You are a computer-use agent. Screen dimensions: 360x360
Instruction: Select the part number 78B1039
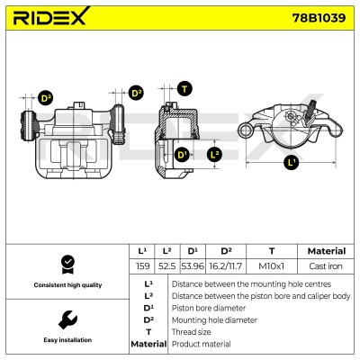point(319,18)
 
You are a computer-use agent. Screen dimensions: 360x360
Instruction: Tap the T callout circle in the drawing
point(184,89)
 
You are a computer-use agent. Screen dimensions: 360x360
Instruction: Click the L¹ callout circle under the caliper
point(292,163)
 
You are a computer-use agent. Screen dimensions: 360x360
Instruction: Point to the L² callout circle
point(215,155)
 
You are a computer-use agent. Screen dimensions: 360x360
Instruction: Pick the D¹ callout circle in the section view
point(182,155)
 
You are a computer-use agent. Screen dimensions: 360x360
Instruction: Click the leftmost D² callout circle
point(46,98)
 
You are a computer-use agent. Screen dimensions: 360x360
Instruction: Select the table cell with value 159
point(142,266)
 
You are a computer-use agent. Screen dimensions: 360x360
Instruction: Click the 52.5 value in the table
point(167,266)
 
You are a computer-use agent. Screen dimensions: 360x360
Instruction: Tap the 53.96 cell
point(193,266)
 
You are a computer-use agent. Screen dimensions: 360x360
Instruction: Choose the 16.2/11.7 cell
point(226,266)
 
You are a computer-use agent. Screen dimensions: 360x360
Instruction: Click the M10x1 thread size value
point(272,266)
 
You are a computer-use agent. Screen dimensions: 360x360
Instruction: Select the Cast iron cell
point(326,266)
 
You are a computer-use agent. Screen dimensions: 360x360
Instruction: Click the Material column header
point(327,251)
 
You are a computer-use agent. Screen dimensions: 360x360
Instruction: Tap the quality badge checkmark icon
point(67,265)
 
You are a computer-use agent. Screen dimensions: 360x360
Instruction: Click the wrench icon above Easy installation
point(67,319)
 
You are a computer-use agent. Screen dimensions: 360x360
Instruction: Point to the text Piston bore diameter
point(209,308)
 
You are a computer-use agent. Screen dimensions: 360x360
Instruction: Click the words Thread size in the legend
point(191,332)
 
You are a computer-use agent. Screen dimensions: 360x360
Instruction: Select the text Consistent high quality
point(67,285)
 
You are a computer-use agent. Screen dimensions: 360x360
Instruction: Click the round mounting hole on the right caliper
point(246,130)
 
